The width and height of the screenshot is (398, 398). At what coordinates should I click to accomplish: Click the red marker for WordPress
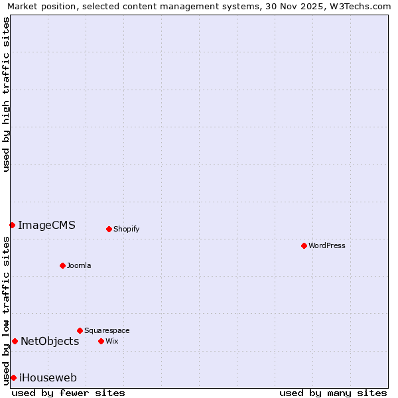[304, 245]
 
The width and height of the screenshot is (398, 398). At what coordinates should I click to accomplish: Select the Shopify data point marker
[109, 229]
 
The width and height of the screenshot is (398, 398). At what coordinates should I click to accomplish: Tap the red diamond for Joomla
[62, 265]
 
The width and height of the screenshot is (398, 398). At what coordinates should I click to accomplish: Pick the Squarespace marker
[80, 330]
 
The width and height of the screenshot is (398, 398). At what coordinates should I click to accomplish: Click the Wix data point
[101, 341]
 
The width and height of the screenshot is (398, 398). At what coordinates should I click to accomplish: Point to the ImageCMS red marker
[12, 225]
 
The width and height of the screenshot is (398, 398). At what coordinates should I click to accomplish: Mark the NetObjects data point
[15, 341]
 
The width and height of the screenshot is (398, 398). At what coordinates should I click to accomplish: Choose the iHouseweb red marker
[13, 377]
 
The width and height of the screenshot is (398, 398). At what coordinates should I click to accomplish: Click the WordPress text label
[327, 245]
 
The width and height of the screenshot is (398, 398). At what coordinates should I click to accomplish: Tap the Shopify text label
[126, 229]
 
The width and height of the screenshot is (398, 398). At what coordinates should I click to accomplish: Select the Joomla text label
[79, 265]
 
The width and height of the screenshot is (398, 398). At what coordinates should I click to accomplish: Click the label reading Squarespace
[107, 330]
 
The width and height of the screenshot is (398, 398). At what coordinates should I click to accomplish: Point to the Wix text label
[111, 341]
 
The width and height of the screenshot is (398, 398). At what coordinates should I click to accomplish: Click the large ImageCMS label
[46, 225]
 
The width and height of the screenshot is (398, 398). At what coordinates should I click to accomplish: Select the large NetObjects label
[50, 341]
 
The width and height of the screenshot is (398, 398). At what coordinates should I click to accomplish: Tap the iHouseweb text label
[48, 377]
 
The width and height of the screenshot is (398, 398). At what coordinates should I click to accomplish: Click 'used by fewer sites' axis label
[68, 393]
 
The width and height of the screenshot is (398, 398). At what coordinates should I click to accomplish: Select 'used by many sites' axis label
[333, 393]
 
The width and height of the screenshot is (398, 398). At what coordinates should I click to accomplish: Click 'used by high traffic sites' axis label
[6, 94]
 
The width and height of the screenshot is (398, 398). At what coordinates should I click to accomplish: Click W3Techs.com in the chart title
[363, 6]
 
